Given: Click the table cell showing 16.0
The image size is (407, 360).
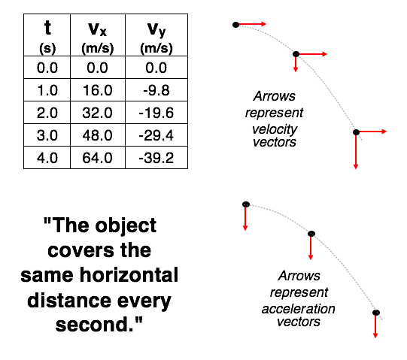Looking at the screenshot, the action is [98, 90].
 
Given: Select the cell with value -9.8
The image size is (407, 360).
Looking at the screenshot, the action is [156, 90].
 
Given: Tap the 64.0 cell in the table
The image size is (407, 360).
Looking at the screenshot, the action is [98, 158].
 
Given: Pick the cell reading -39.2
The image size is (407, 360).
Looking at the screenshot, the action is [156, 158].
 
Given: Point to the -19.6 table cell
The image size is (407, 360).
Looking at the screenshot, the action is [156, 113].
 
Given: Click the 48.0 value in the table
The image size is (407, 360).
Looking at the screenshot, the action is [98, 135].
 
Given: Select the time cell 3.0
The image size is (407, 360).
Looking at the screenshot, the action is [47, 135].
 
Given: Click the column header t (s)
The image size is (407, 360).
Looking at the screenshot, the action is [47, 35].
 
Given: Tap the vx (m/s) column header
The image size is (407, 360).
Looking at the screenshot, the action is [98, 35].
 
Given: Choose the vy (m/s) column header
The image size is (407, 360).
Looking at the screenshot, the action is [156, 35].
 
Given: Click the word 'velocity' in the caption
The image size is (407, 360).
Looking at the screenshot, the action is [275, 129].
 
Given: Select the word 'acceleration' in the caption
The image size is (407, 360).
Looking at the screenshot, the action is [299, 309].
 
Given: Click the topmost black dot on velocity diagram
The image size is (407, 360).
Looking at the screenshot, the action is [235, 25].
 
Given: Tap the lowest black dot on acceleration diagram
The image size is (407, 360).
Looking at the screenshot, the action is [376, 313].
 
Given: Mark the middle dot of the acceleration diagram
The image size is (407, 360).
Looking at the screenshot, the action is [311, 234].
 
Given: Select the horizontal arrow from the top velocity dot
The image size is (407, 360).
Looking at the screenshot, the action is [253, 24].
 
